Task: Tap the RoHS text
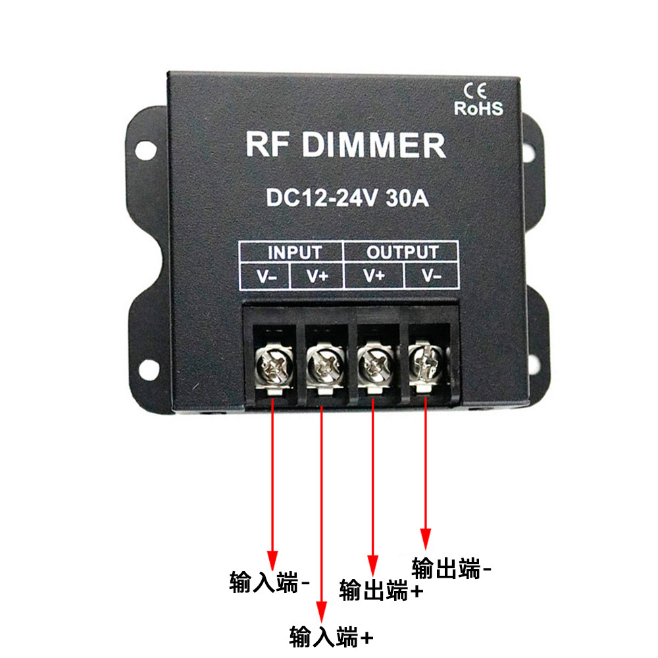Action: (478, 108)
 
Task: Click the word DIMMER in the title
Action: (374, 145)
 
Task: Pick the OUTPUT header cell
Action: (401, 253)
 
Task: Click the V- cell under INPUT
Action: (267, 276)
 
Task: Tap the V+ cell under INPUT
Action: (318, 276)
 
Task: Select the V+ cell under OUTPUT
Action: (374, 276)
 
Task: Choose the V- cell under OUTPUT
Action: (431, 276)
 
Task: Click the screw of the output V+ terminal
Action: (373, 362)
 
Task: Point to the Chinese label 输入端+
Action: (332, 636)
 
